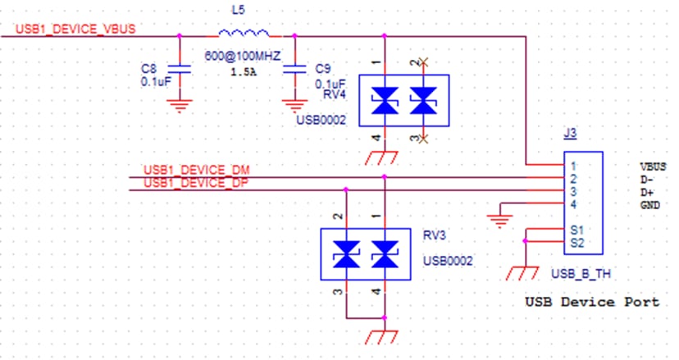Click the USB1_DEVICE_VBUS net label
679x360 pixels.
click(x=75, y=29)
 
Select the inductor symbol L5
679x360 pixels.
click(x=244, y=33)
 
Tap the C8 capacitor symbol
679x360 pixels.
click(x=179, y=70)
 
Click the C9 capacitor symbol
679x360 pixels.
click(x=294, y=70)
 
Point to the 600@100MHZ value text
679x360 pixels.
click(x=243, y=56)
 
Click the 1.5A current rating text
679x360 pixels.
click(x=243, y=72)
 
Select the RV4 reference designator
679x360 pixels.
click(x=335, y=94)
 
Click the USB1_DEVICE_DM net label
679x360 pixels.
click(x=197, y=170)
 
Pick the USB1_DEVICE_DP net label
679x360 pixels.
click(x=196, y=183)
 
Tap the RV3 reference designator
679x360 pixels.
click(x=434, y=235)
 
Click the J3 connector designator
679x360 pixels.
click(x=570, y=133)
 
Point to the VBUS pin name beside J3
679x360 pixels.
click(x=653, y=166)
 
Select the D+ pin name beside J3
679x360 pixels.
click(x=647, y=193)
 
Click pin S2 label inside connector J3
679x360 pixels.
click(x=577, y=243)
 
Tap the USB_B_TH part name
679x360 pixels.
click(x=581, y=274)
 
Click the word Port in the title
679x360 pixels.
click(x=642, y=302)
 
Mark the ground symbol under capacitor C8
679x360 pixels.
click(x=180, y=106)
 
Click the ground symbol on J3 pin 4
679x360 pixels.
click(x=499, y=221)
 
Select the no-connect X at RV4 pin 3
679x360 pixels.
click(x=423, y=139)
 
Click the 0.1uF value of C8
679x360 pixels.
click(x=156, y=81)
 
